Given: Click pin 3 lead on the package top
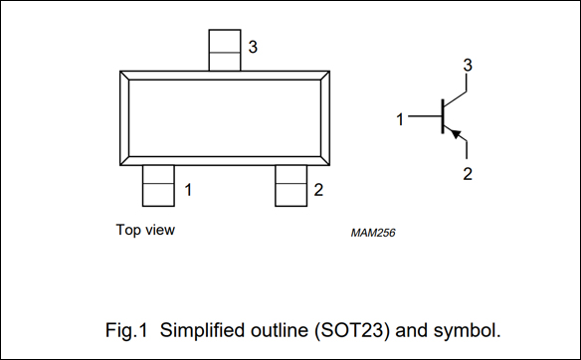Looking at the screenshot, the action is click(x=225, y=50).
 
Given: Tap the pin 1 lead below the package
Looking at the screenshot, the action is click(x=158, y=186).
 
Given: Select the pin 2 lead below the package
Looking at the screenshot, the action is click(x=290, y=186).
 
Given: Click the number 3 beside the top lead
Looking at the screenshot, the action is click(x=253, y=47).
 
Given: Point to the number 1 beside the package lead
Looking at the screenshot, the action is click(x=188, y=190).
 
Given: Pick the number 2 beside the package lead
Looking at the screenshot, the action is click(x=318, y=190).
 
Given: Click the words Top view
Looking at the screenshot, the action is click(x=145, y=230).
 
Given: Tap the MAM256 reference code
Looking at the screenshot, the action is click(x=373, y=233).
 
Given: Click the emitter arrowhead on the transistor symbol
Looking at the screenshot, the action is click(x=456, y=133).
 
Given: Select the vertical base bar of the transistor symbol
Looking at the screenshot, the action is click(x=443, y=116).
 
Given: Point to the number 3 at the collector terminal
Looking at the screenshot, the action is click(x=468, y=66).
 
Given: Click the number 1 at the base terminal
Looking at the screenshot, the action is click(x=400, y=119).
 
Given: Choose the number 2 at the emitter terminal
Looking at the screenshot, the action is click(x=468, y=174).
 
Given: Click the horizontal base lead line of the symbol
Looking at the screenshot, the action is click(x=425, y=116).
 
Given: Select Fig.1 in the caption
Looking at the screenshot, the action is click(x=126, y=330).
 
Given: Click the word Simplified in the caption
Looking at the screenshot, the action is click(x=203, y=330).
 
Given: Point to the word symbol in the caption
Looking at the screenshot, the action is click(x=468, y=330).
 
